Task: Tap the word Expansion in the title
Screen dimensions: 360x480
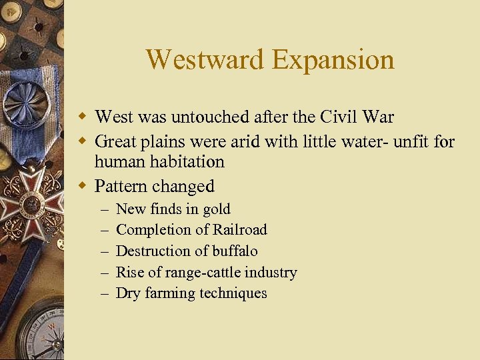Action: click(x=333, y=60)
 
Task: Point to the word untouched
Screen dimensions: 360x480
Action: click(x=205, y=117)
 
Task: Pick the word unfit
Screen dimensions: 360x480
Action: click(x=413, y=141)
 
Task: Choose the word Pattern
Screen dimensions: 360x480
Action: click(x=121, y=186)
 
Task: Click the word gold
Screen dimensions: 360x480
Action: click(x=216, y=209)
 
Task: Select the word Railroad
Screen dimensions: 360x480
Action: click(x=239, y=230)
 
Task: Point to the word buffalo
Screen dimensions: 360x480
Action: click(x=235, y=251)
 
